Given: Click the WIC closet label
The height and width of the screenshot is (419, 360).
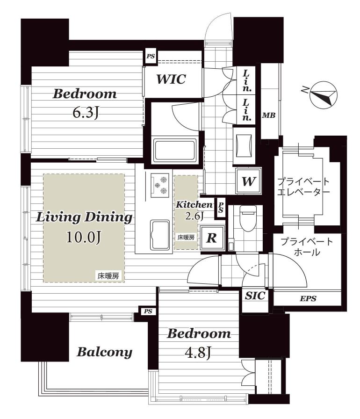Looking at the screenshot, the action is pyautogui.click(x=171, y=79).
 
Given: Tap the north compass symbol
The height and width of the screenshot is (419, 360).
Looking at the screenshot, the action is pyautogui.click(x=322, y=94).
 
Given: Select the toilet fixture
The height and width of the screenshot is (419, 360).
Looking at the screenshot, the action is pyautogui.click(x=248, y=218).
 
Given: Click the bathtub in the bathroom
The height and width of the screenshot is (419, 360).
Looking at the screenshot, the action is pyautogui.click(x=175, y=150).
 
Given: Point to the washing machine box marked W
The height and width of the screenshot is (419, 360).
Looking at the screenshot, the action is pyautogui.click(x=248, y=181).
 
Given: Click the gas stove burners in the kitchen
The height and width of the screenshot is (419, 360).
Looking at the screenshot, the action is pyautogui.click(x=160, y=185).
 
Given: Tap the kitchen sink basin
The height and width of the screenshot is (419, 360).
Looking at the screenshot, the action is pyautogui.click(x=160, y=235).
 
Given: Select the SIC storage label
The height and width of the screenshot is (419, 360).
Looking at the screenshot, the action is pyautogui.click(x=255, y=296).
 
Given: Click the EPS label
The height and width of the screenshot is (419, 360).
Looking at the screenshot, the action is pyautogui.click(x=308, y=298).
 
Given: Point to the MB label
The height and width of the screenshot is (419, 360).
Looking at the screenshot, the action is pyautogui.click(x=268, y=116).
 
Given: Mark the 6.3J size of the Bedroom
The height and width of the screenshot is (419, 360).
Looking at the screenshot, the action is pyautogui.click(x=86, y=113).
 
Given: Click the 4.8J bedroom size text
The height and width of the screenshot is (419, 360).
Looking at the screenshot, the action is pyautogui.click(x=198, y=353).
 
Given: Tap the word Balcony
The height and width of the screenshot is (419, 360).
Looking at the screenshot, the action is pyautogui.click(x=104, y=352).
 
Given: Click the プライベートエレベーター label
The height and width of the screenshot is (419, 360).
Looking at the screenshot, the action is pyautogui.click(x=303, y=187).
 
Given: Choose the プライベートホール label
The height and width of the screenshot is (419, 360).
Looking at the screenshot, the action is pyautogui.click(x=307, y=246).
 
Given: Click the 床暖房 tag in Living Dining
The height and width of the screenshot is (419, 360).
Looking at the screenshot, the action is pyautogui.click(x=108, y=276).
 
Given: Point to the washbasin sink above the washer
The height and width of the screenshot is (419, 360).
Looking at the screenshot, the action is pyautogui.click(x=244, y=145).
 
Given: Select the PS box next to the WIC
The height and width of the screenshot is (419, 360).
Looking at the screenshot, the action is pyautogui.click(x=151, y=57).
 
